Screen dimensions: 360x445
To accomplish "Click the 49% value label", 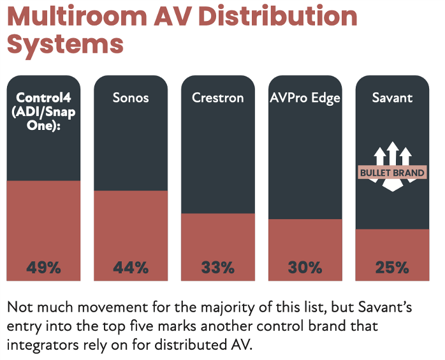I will click(x=43, y=268).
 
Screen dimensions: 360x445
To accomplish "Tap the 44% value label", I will click(x=131, y=268).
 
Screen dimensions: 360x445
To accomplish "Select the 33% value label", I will click(x=218, y=268).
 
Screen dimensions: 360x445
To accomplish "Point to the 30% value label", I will click(x=305, y=268).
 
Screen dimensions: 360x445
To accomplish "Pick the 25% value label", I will click(x=392, y=268).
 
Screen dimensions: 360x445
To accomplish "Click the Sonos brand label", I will click(x=131, y=98).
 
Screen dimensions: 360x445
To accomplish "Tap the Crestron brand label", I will click(x=218, y=98).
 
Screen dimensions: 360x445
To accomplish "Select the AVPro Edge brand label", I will click(x=305, y=98).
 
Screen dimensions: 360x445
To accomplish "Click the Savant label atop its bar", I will click(x=392, y=98).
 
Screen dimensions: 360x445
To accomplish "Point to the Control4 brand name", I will click(x=43, y=98).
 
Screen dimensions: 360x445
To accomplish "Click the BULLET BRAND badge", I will click(x=392, y=173).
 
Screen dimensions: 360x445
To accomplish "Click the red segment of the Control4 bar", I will click(x=43, y=223).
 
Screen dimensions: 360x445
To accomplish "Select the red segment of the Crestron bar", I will click(x=218, y=239).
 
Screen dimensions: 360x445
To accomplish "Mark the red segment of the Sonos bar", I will click(x=131, y=226).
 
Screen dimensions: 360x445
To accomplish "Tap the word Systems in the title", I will click(x=64, y=45).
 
